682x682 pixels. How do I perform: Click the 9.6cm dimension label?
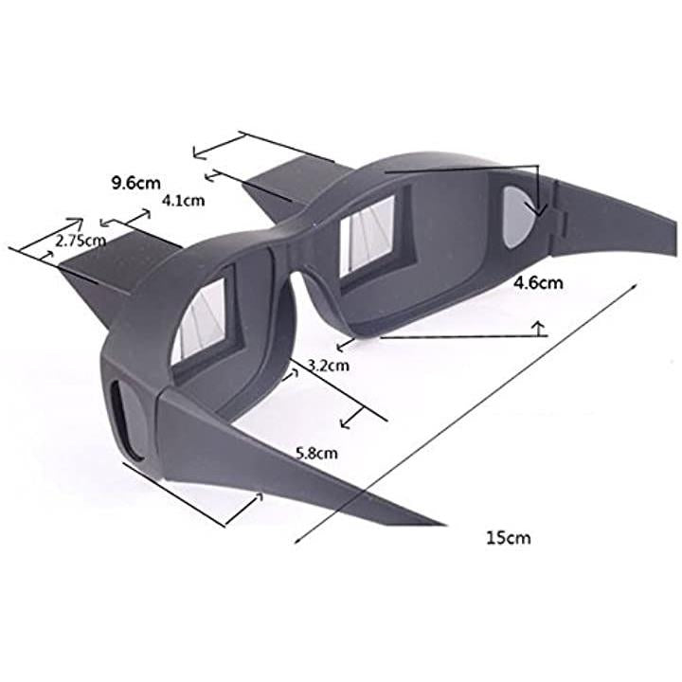pos(136,183)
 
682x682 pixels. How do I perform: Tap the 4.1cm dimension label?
pos(183,201)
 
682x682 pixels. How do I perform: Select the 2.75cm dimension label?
pos(81,241)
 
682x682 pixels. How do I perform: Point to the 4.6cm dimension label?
pos(538,283)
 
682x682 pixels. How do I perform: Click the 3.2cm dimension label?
pos(329,366)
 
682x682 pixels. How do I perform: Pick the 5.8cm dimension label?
pos(316,454)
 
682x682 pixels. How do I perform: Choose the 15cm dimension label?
pos(509,538)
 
